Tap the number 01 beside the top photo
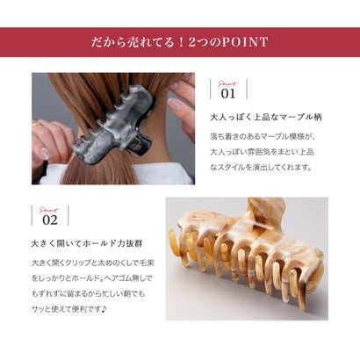point(228,94)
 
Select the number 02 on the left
point(50,220)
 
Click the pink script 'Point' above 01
point(228,84)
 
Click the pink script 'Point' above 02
point(49,210)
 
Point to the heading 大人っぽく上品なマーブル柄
point(266,118)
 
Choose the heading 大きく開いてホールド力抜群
point(87,243)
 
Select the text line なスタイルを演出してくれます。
point(260,168)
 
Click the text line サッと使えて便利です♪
point(69,308)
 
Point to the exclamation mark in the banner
point(181,42)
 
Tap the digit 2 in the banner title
point(192,42)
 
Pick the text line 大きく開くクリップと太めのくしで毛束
point(92,263)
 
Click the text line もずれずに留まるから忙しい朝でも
point(88,293)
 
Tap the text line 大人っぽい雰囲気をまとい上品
point(262,152)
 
